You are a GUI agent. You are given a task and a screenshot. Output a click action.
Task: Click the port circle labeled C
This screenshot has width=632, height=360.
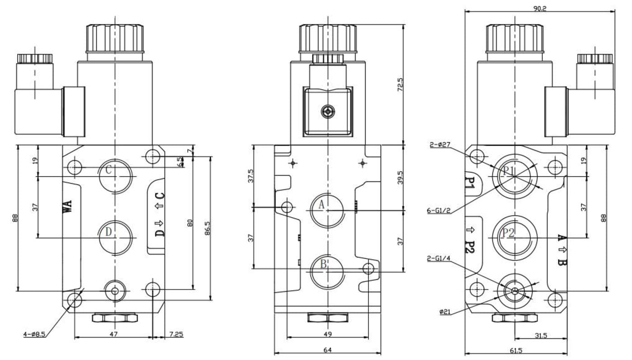[116, 175]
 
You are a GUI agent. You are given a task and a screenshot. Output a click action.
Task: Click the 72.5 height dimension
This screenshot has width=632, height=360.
[400, 85]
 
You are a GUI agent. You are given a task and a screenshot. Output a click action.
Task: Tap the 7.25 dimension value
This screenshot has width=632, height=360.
[176, 334]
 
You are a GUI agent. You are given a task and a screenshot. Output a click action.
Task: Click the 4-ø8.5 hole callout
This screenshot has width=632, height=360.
[34, 334]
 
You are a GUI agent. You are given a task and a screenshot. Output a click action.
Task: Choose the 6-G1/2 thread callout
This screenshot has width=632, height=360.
[438, 210]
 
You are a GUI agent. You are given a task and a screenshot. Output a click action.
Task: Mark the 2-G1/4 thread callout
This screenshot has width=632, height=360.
[438, 258]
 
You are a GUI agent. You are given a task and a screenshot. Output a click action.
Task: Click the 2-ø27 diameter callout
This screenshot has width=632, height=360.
[440, 145]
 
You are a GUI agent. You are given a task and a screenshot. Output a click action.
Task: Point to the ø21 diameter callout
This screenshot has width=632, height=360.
[445, 311]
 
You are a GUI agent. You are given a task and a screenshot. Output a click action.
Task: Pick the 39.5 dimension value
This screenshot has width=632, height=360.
[400, 177]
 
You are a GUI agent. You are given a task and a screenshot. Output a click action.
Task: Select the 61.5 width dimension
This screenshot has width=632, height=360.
[516, 350]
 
